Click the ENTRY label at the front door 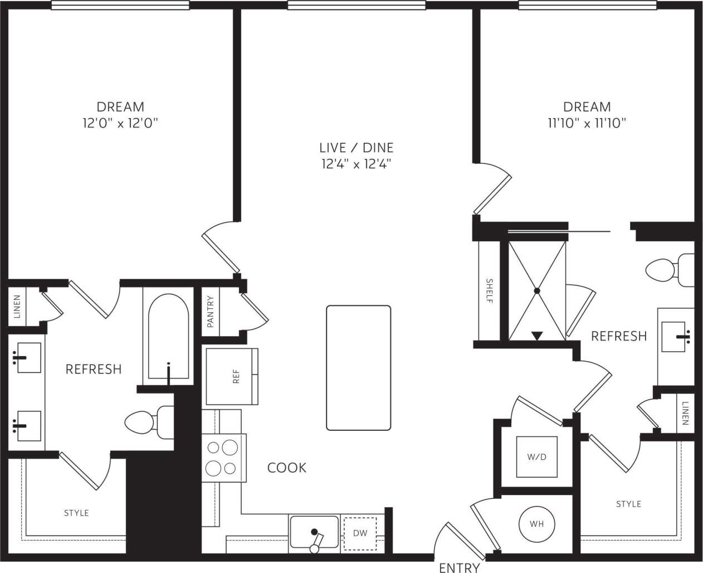tap(459, 567)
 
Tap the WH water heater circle tap(536, 524)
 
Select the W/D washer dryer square tap(536, 457)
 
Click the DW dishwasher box tap(360, 533)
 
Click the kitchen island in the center tap(358, 368)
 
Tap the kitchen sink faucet tap(316, 539)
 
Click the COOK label tap(287, 467)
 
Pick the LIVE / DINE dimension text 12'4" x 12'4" tap(356, 164)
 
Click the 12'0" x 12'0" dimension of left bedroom tap(120, 123)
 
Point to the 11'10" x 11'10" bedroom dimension tap(587, 123)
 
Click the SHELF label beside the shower tap(489, 290)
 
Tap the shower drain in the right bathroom tap(537, 290)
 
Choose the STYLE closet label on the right tap(628, 504)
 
